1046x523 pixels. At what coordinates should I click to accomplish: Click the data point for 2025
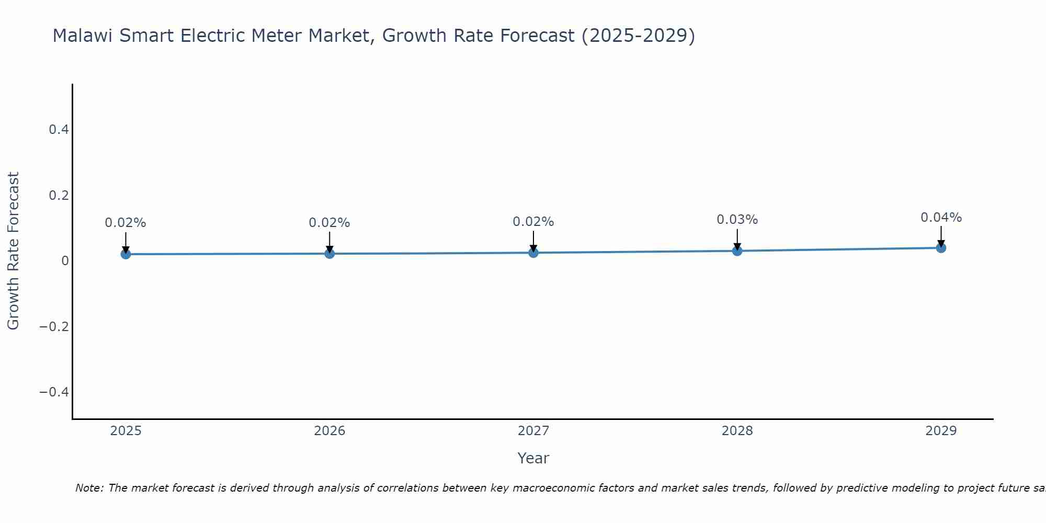click(x=126, y=254)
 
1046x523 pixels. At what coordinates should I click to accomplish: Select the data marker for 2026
click(x=329, y=254)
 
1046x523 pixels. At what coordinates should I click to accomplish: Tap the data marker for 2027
click(x=533, y=253)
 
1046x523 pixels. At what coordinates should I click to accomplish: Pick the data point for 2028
click(x=737, y=251)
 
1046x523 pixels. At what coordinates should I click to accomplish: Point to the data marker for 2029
click(x=941, y=248)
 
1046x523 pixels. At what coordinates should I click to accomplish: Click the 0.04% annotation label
click(x=941, y=218)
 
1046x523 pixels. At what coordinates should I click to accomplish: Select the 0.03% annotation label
click(x=737, y=220)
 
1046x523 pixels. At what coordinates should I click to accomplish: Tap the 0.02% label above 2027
click(x=533, y=222)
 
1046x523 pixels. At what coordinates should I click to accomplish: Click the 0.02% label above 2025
click(x=126, y=223)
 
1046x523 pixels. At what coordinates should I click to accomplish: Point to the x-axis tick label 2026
click(x=329, y=431)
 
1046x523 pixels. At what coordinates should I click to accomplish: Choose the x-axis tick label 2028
click(x=737, y=431)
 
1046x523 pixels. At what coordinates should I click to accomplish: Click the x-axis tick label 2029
click(x=941, y=431)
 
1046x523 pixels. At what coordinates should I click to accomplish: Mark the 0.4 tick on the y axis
click(x=59, y=130)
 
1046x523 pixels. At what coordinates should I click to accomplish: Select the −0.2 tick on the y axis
click(x=54, y=327)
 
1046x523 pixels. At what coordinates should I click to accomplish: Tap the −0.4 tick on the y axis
click(x=54, y=392)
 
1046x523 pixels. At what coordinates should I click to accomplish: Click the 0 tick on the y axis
click(x=65, y=261)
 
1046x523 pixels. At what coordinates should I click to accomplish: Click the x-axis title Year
click(x=533, y=459)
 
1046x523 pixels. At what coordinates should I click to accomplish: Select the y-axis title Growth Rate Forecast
click(x=13, y=251)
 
